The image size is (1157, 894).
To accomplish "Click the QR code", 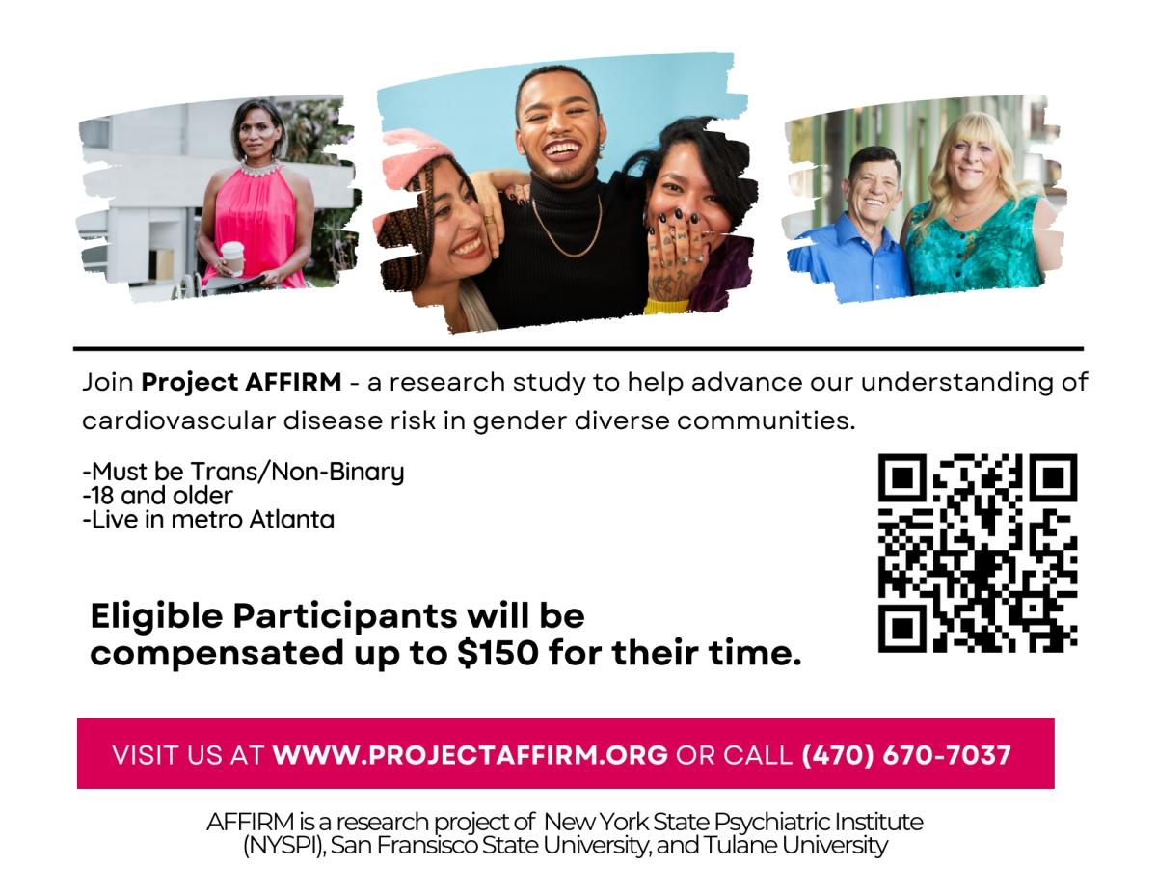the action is pos(977,553).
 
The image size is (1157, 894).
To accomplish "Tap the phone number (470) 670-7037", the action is pos(905,755).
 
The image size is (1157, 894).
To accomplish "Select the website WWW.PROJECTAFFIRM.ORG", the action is pos(471,755).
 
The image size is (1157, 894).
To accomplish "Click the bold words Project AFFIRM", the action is pos(241,383).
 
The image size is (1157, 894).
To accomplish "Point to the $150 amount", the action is pos(498,653).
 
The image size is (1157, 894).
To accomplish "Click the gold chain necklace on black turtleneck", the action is pos(568,228).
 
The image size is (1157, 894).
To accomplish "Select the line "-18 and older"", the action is pos(157,496).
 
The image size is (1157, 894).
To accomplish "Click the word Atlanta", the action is pos(292,519).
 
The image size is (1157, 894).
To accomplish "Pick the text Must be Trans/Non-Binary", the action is pos(248,472).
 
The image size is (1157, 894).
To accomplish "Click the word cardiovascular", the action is pos(179,420).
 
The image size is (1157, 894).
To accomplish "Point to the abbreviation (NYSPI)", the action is pos(283,846).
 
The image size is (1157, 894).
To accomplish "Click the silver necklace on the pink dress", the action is pos(260,169).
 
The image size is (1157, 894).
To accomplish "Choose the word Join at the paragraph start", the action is pos(108,383).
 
